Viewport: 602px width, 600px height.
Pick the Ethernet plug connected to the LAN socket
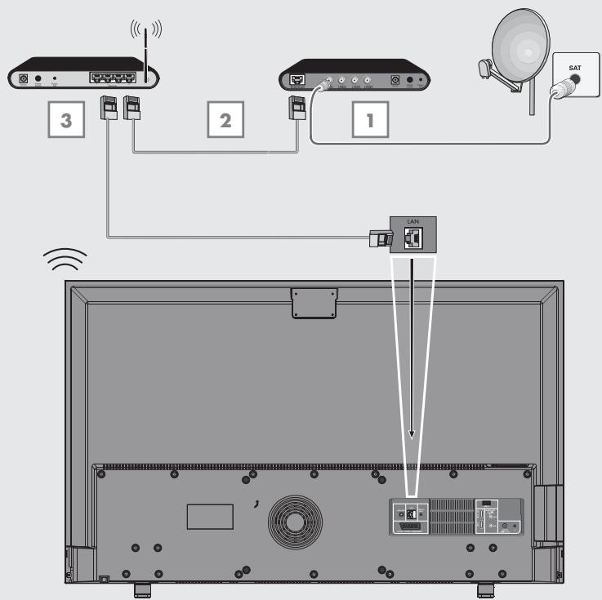pyautogui.click(x=380, y=238)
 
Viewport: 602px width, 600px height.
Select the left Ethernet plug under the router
pyautogui.click(x=107, y=107)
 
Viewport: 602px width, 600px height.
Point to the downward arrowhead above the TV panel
pyautogui.click(x=412, y=434)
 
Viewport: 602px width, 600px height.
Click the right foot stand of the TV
pyautogui.click(x=484, y=588)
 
